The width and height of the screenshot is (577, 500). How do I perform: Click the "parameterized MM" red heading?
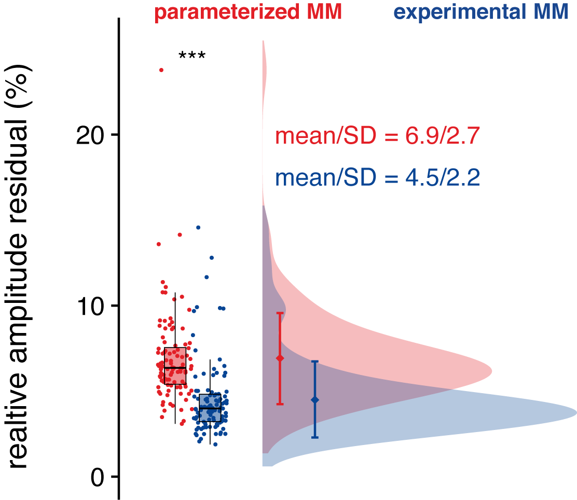(248, 12)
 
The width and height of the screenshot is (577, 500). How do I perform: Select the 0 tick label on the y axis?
(98, 477)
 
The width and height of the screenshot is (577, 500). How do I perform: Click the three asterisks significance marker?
(192, 56)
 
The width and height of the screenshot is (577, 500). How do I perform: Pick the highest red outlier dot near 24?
(161, 70)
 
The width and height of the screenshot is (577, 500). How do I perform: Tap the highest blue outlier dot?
(198, 228)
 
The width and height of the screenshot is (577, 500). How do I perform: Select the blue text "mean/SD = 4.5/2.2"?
(377, 178)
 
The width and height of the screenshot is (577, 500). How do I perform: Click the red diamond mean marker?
(280, 358)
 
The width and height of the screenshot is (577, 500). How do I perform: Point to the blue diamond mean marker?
(314, 400)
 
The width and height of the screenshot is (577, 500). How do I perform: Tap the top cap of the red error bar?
(280, 313)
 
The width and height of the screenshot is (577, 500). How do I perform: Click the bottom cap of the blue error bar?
(314, 438)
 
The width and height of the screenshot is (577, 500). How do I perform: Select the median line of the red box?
(175, 368)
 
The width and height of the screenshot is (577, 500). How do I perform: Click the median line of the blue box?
(210, 408)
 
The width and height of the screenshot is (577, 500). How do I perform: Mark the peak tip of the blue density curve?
(576, 413)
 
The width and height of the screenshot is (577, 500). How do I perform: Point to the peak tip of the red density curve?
(491, 371)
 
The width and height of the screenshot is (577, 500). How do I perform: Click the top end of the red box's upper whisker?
(175, 293)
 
